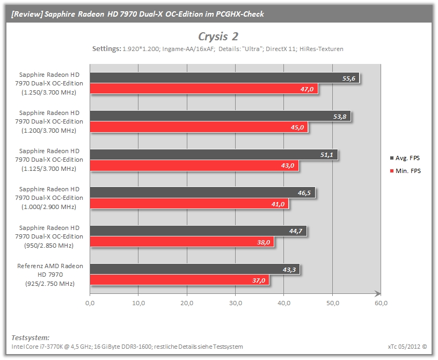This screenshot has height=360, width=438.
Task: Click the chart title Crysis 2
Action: [x=218, y=37]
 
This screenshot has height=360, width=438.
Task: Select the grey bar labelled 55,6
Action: [x=224, y=78]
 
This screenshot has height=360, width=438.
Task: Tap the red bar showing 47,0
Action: [x=204, y=89]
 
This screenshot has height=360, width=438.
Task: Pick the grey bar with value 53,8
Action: [x=220, y=116]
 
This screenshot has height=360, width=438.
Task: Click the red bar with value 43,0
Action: [x=194, y=165]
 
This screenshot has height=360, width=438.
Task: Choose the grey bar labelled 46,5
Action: [x=202, y=192]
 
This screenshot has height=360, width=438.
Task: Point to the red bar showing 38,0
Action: [x=182, y=242]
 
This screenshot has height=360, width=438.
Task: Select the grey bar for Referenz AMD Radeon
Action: [x=195, y=269]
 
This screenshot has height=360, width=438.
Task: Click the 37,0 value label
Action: [x=259, y=280]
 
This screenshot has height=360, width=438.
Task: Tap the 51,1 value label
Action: [x=326, y=155]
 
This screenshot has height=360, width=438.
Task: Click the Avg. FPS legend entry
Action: [x=405, y=158]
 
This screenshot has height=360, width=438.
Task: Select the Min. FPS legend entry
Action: [x=405, y=171]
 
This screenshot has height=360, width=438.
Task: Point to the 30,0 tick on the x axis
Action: [x=236, y=303]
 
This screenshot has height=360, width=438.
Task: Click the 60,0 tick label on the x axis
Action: [x=381, y=303]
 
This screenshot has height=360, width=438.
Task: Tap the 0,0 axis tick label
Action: [x=90, y=303]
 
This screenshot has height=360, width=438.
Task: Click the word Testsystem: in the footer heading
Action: [x=31, y=337]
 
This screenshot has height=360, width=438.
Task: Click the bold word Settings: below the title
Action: [x=107, y=49]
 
